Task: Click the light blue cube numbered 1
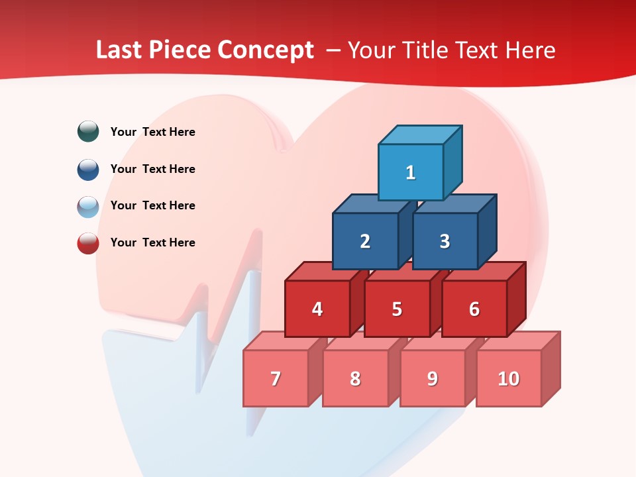tap(411, 172)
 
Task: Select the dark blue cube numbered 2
tap(365, 241)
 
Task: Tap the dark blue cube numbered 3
tap(445, 241)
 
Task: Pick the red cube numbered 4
tap(317, 309)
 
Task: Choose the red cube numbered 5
tap(397, 309)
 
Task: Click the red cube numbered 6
tap(474, 309)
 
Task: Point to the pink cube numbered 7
tap(276, 378)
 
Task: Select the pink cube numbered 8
tap(355, 378)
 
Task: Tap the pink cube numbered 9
tap(433, 378)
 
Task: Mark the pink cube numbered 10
tap(509, 378)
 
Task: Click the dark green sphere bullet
tap(88, 131)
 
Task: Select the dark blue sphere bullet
tap(88, 169)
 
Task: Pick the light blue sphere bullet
tap(88, 206)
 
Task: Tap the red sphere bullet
tap(88, 243)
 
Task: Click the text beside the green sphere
tap(153, 132)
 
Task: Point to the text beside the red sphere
tap(153, 242)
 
